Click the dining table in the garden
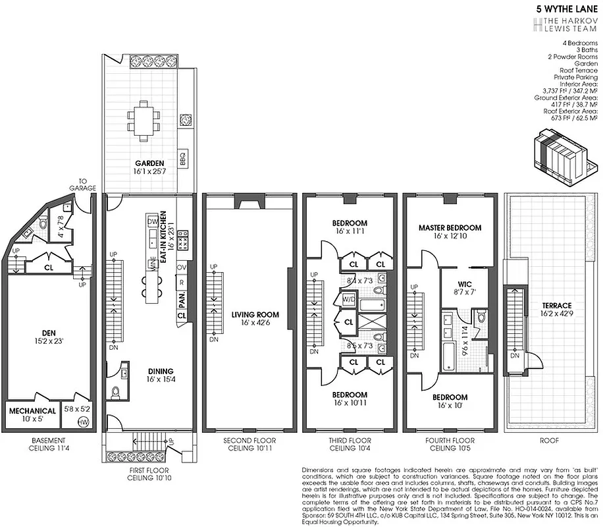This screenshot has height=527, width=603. tap(145, 121)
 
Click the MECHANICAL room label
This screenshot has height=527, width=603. tap(32, 411)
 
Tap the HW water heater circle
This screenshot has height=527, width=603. tap(84, 422)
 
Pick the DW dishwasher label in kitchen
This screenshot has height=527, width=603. tap(153, 221)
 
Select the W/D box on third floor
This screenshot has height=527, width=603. tap(349, 300)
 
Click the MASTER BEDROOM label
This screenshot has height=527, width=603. tap(450, 227)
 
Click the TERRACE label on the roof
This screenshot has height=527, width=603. tap(557, 305)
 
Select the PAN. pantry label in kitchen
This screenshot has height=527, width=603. tap(182, 300)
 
